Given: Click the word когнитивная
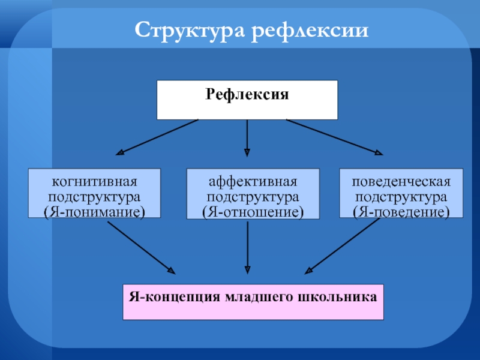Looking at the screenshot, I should click(x=95, y=181).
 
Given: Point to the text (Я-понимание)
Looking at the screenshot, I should click(x=95, y=212).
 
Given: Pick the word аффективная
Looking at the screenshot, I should click(x=253, y=181).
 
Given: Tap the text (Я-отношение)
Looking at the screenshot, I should click(x=253, y=212).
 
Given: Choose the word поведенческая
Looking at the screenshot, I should click(x=401, y=181).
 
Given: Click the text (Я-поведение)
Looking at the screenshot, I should click(x=401, y=212).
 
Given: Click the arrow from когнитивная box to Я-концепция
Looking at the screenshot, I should click(x=141, y=245).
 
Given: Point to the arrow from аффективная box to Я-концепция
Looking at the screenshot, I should click(x=247, y=246).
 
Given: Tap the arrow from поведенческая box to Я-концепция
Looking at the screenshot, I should click(x=343, y=245).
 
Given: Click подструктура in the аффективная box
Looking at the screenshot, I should click(x=253, y=196).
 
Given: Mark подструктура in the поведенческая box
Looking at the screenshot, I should click(x=401, y=196).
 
